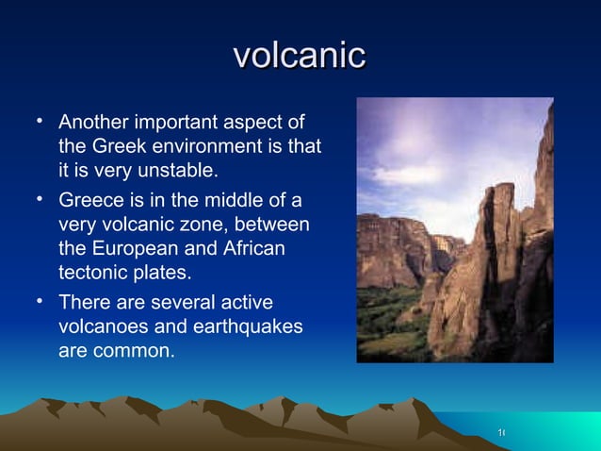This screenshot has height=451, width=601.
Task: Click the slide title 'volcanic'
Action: point(300,54)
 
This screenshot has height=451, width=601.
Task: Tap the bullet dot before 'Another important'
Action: point(40,121)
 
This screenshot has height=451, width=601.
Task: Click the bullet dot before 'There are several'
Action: point(40,302)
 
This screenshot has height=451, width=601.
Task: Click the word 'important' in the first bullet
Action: point(176,123)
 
